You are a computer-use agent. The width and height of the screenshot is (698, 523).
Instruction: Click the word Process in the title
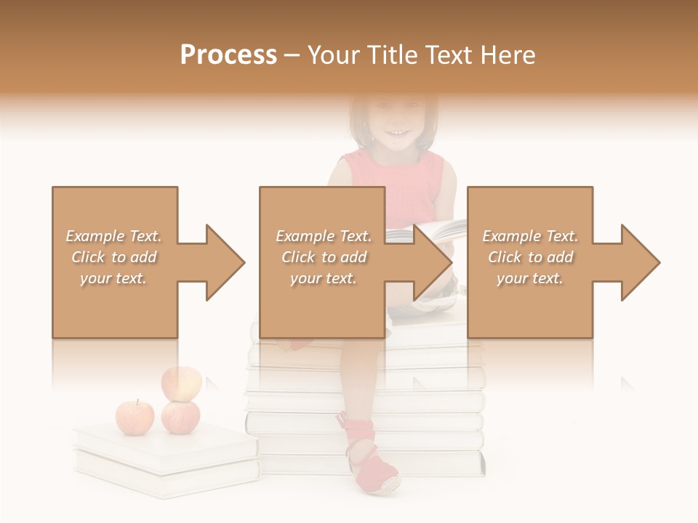tap(228, 55)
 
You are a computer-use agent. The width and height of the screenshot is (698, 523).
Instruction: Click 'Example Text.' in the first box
tap(113, 236)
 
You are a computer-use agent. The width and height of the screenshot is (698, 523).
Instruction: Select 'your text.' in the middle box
tap(323, 278)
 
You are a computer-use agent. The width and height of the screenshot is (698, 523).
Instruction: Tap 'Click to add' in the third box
tap(530, 257)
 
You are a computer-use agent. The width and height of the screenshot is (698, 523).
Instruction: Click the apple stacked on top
tap(181, 383)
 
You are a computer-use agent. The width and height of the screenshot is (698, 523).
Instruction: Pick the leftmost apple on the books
tap(135, 417)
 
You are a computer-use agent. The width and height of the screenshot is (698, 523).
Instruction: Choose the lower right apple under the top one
tap(180, 417)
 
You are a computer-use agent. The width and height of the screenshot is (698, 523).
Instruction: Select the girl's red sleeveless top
tap(396, 185)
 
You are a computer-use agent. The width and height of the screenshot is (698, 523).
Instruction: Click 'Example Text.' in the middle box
tap(323, 236)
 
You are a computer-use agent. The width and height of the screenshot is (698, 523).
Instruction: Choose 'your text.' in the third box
tap(530, 278)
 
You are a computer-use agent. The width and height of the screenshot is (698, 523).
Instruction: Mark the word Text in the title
tap(445, 55)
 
